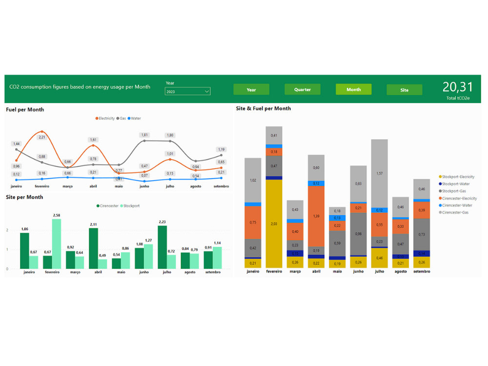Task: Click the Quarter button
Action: [x=303, y=89]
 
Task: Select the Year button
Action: [x=251, y=89]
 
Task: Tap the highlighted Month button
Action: [x=353, y=89]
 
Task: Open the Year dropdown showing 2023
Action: [x=188, y=91]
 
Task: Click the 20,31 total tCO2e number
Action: [x=458, y=87]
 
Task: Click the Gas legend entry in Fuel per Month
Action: [x=122, y=118]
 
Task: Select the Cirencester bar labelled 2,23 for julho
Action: [x=162, y=247]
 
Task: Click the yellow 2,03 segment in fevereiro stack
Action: [x=274, y=224]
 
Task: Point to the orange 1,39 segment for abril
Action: [x=316, y=216]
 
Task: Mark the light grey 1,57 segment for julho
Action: [x=379, y=173]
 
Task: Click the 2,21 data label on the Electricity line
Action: [x=42, y=137]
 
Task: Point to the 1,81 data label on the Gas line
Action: [x=144, y=135]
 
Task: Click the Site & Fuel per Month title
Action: [x=263, y=108]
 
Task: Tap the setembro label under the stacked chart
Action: [x=421, y=271]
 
